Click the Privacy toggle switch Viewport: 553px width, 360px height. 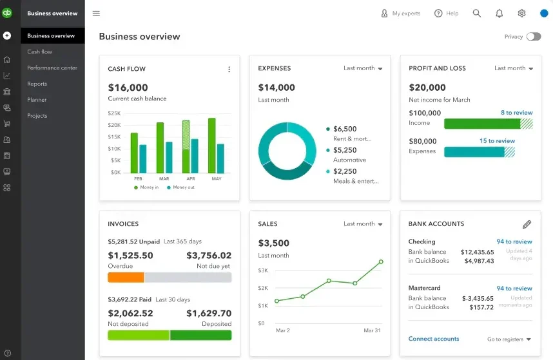533,37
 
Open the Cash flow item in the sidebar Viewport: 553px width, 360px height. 39,52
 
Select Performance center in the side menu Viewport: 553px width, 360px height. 52,68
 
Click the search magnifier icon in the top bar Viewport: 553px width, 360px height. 477,13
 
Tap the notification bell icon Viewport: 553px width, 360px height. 499,13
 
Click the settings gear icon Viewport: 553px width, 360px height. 521,13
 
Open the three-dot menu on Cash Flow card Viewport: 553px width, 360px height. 229,69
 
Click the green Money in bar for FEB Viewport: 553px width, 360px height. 134,153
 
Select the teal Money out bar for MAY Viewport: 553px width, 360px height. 220,158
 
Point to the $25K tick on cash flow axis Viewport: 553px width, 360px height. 114,113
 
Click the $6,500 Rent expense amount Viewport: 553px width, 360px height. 345,129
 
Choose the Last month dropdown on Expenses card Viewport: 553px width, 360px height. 363,68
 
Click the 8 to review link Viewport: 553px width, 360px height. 516,113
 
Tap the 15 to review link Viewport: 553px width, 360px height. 497,141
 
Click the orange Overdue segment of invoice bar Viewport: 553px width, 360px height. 126,278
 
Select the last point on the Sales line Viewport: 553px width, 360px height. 381,261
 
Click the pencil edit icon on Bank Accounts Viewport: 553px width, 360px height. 527,224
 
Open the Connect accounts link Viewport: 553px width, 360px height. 434,339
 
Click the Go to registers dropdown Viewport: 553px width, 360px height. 509,339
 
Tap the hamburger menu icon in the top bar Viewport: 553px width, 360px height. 96,13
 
